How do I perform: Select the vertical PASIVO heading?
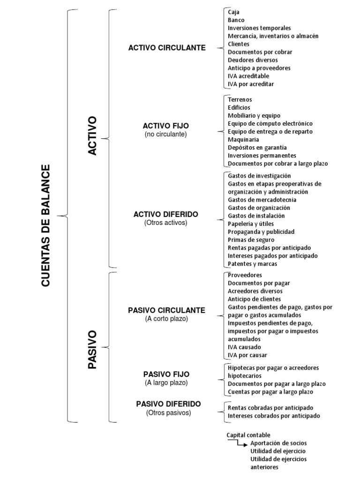pos(92,349)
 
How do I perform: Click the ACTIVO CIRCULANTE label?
pos(167,48)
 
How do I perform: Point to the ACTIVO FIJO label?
pos(166,126)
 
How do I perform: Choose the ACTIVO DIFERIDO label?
pos(166,214)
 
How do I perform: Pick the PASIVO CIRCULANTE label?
pos(166,310)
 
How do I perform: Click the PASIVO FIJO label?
pos(166,374)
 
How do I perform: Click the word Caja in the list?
pos(233,12)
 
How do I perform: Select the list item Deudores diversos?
pos(253,60)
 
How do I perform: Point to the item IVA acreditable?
pos(248,76)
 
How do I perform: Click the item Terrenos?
pos(240,100)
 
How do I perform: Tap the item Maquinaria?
pos(244,140)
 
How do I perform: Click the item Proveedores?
pos(245,275)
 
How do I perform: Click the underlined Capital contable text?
pos(248,435)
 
